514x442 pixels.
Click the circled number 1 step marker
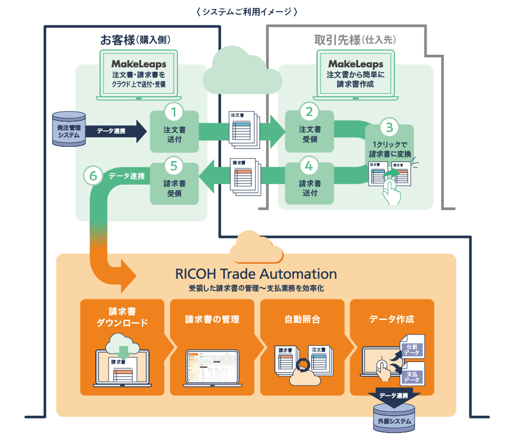pyautogui.click(x=174, y=112)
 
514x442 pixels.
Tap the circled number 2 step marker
pyautogui.click(x=309, y=112)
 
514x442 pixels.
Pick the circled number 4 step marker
pyautogui.click(x=309, y=166)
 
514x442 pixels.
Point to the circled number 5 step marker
pyautogui.click(x=174, y=166)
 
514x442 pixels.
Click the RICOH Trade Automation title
pyautogui.click(x=256, y=274)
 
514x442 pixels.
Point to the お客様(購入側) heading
pyautogui.click(x=135, y=40)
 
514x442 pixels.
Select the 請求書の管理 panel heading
pyautogui.click(x=212, y=319)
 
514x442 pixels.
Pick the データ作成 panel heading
pyautogui.click(x=392, y=319)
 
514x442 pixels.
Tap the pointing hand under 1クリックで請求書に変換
pyautogui.click(x=391, y=188)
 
